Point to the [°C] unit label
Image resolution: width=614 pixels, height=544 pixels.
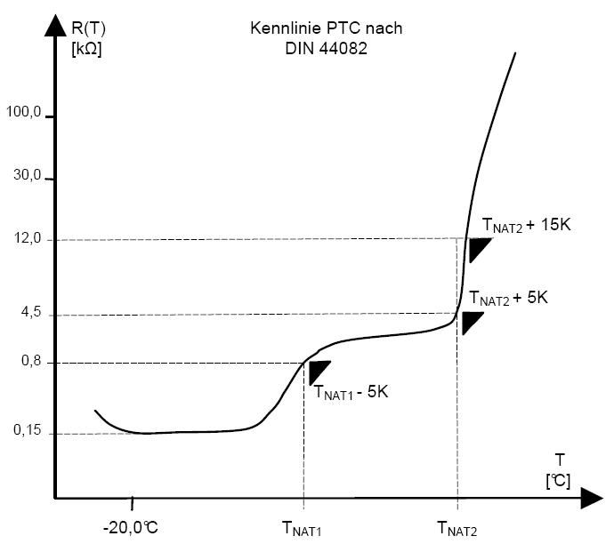(x=558, y=480)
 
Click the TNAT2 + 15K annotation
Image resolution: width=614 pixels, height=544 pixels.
(x=526, y=225)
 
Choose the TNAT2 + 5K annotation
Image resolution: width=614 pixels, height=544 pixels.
(x=508, y=299)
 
